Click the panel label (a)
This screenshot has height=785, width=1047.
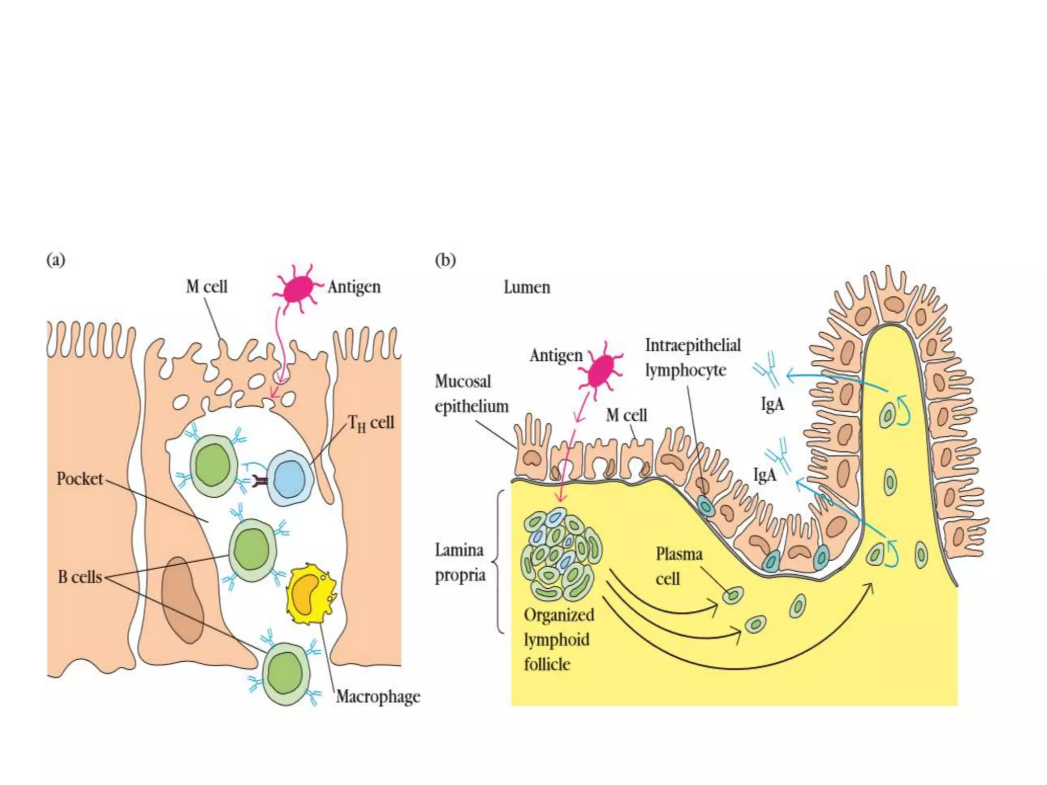[x=56, y=260]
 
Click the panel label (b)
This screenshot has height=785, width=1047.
[x=445, y=260]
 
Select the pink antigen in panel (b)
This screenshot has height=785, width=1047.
[x=601, y=371]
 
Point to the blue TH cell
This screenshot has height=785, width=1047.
[x=290, y=478]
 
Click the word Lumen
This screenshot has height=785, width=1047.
[x=527, y=287]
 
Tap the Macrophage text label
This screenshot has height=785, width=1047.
[x=378, y=697]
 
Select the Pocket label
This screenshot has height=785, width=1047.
[x=80, y=479]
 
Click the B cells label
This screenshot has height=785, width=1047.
[x=80, y=577]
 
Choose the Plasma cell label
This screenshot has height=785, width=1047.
[x=678, y=566]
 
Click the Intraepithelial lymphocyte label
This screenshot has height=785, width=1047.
[x=692, y=357]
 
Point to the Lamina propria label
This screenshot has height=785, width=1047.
[x=460, y=562]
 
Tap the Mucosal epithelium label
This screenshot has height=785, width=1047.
[x=471, y=394]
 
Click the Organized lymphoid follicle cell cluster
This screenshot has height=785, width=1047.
[x=561, y=555]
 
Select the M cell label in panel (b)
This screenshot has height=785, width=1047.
[x=626, y=415]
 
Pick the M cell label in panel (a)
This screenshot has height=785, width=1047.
[x=207, y=287]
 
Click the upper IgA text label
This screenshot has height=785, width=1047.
[x=772, y=404]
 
